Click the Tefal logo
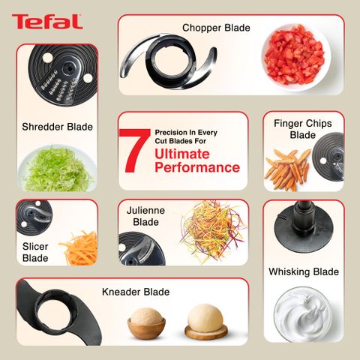[x=47, y=22]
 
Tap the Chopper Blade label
[x=216, y=28]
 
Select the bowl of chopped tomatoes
[x=296, y=57]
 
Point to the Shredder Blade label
[x=57, y=127]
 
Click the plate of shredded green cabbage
[x=58, y=168]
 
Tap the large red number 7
[x=134, y=151]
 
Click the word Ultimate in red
[x=182, y=154]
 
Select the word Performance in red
[x=197, y=167]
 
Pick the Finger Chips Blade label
[x=303, y=129]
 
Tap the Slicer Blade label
[x=35, y=252]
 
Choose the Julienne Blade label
[x=145, y=216]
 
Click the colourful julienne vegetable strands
[x=213, y=231]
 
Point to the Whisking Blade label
[x=304, y=271]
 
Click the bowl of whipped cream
[x=303, y=314]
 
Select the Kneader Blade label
[x=136, y=292]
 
